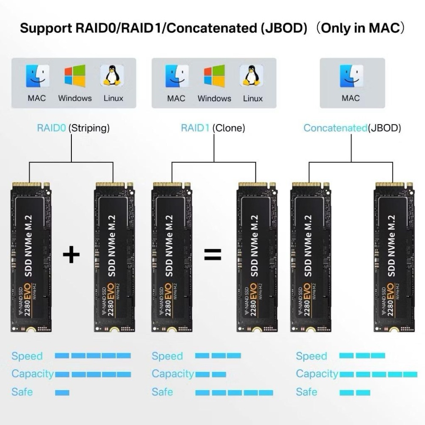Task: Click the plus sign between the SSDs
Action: [x=71, y=255]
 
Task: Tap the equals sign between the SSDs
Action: [x=212, y=255]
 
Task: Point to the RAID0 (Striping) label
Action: [x=73, y=128]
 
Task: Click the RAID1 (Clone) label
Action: [x=213, y=128]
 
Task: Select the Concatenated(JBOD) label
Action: [x=352, y=128]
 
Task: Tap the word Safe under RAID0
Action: [x=22, y=392]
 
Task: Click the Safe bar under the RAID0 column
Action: [x=62, y=393]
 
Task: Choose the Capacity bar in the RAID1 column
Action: [x=211, y=374]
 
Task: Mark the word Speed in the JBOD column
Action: [x=312, y=356]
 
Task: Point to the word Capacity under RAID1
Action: [x=173, y=374]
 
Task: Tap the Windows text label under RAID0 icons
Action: [x=75, y=98]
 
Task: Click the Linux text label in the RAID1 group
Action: [x=253, y=98]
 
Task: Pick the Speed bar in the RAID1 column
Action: [x=218, y=356]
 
